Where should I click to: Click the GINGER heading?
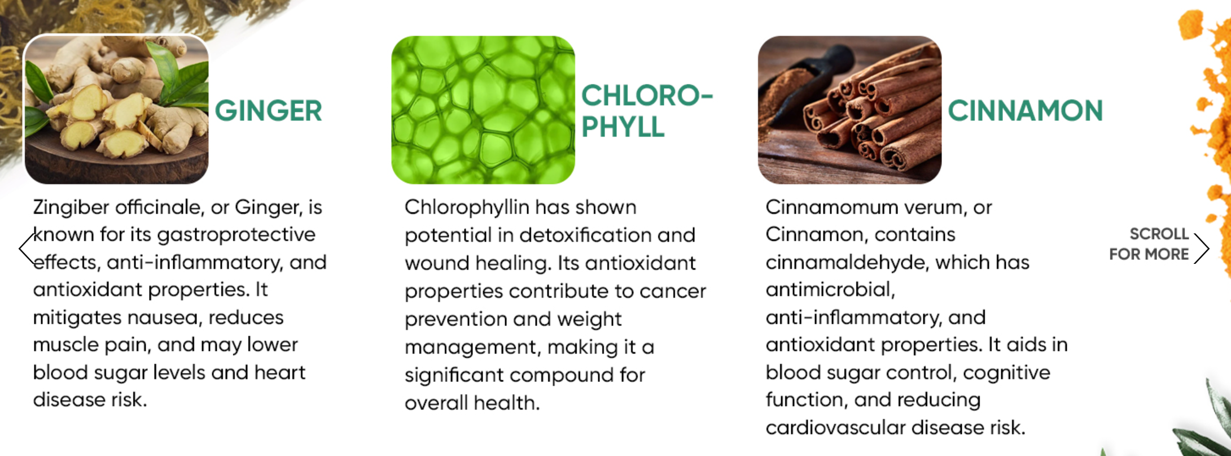[x=268, y=110]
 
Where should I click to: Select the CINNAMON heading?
[x=1025, y=110]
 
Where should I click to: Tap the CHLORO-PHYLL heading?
[x=647, y=111]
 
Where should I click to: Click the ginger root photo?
[x=116, y=109]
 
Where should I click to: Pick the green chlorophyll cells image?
[x=483, y=110]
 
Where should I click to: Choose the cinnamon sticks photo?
[x=849, y=110]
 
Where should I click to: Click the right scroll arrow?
[x=1202, y=249]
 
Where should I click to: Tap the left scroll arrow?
[x=27, y=249]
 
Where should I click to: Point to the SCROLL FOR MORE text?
[x=1149, y=244]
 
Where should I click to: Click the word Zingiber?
[x=71, y=207]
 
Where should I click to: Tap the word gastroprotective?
[x=236, y=235]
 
